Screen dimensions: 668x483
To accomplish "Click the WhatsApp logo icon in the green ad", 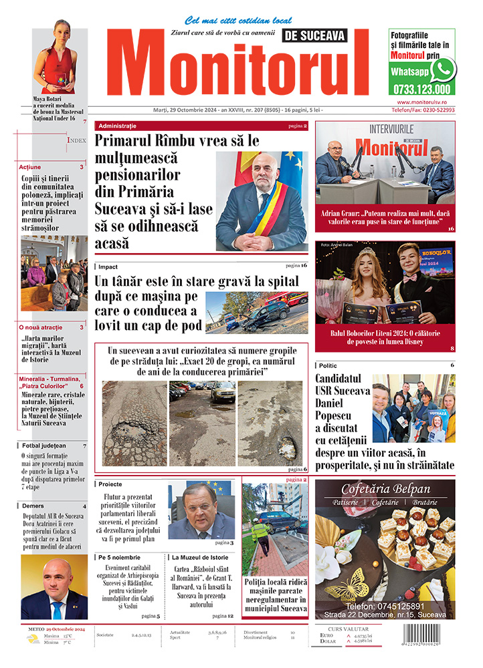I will point(442,69).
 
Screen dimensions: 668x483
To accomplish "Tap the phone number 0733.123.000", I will point(421,89).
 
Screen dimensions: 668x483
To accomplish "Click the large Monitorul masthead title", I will point(236,65).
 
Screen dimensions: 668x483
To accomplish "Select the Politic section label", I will point(328,365).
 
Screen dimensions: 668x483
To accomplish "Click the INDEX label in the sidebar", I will point(76,140).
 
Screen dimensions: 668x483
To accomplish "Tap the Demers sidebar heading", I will point(34,506).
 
